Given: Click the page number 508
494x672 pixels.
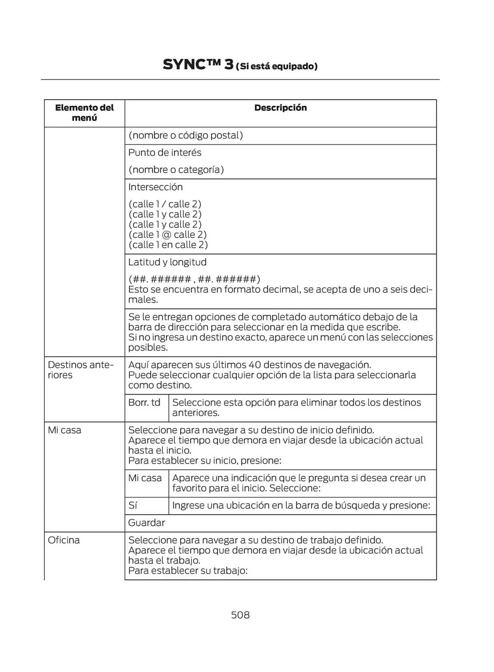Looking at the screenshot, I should point(240,615).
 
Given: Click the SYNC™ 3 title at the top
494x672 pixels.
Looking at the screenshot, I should point(198,65).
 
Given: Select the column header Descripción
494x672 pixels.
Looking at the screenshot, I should point(280,108).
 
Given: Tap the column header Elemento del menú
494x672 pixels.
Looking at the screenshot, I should point(84,113).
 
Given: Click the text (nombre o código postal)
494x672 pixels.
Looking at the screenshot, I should point(185,135).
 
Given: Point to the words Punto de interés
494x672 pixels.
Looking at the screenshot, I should point(165,153).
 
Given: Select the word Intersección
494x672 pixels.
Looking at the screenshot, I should point(155,187).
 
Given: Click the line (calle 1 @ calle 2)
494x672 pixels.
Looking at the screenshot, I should point(167,235).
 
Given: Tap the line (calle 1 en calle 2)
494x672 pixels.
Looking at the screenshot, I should point(168,245).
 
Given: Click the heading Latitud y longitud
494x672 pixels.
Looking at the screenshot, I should point(167,262).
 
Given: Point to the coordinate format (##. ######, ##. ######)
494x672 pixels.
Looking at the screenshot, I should point(194,279).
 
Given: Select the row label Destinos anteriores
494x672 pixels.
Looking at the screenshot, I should point(81,370).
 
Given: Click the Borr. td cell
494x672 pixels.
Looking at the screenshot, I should point(144,403).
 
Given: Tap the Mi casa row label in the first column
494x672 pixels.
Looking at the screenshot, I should point(64,430).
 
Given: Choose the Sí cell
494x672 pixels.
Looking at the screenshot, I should point(133,505).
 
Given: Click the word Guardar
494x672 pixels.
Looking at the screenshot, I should point(146,523).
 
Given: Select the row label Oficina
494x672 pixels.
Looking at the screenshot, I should point(64,540).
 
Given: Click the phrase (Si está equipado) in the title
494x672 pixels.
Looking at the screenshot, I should point(277,66).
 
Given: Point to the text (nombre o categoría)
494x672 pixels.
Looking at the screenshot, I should point(176,170).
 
